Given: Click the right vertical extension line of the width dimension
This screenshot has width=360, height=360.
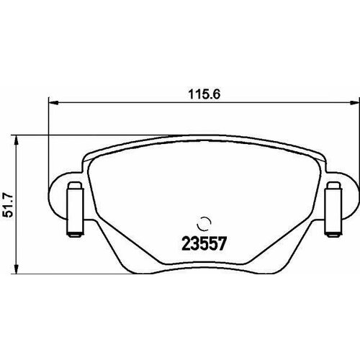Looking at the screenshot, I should (x=355, y=144).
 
